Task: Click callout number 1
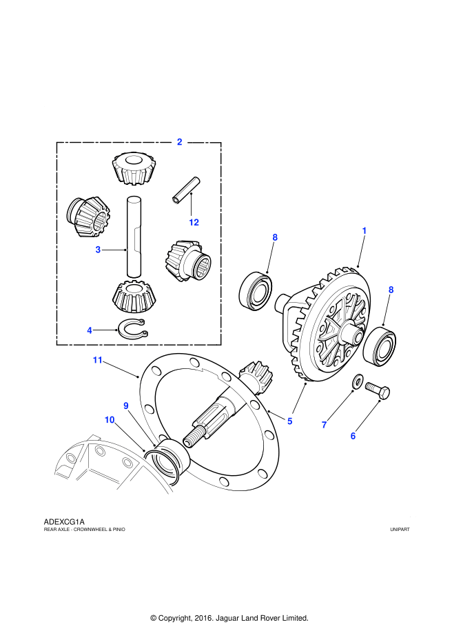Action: (x=364, y=230)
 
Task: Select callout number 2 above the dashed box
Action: (x=179, y=142)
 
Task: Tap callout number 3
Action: (x=99, y=250)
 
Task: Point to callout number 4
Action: (x=90, y=330)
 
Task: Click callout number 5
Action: (x=290, y=421)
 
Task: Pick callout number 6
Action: (x=353, y=435)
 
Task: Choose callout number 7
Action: (x=324, y=425)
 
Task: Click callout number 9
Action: (x=126, y=406)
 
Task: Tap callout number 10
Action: (x=110, y=419)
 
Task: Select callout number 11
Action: (x=98, y=360)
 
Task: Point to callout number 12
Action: (x=194, y=223)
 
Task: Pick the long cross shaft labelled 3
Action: (x=134, y=237)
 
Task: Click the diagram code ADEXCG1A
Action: (x=64, y=521)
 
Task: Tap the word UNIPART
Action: (x=399, y=529)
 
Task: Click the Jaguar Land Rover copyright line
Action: (x=229, y=618)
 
